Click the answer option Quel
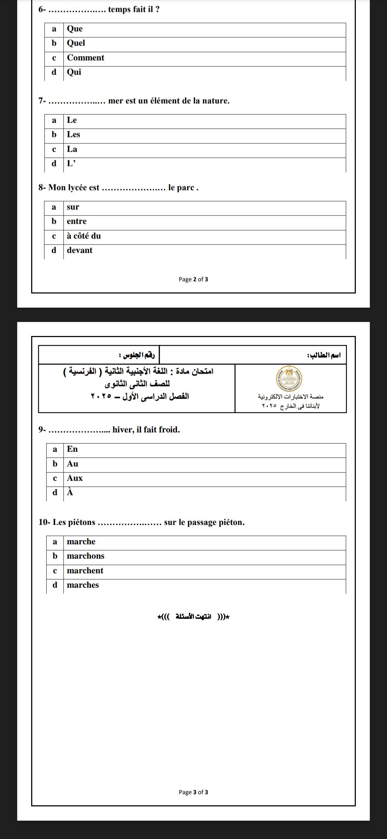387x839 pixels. [x=76, y=43]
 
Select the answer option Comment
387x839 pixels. [x=85, y=58]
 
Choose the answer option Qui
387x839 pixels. [x=74, y=72]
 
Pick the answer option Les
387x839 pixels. [x=73, y=134]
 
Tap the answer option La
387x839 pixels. [x=72, y=149]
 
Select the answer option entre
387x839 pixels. [x=77, y=221]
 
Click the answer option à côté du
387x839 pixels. [x=84, y=236]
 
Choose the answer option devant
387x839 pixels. [x=80, y=250]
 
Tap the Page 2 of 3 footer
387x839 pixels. [x=193, y=279]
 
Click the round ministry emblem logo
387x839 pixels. [x=290, y=378]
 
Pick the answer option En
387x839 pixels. [x=72, y=449]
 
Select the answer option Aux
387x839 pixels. [x=75, y=478]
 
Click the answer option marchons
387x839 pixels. [x=86, y=556]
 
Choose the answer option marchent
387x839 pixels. [x=85, y=571]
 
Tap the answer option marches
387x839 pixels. [x=83, y=585]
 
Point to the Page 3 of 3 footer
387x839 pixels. [x=193, y=792]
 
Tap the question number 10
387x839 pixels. [x=43, y=522]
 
